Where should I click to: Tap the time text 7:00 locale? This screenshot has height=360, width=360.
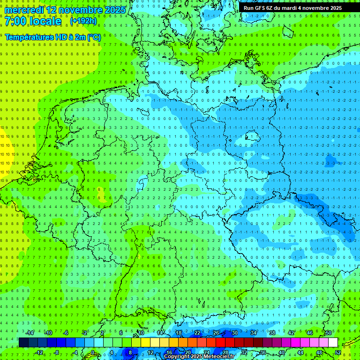pyautogui.click(x=33, y=22)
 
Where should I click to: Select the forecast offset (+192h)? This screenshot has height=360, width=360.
pyautogui.click(x=84, y=21)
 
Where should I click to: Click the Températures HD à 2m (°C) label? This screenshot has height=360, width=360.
pyautogui.click(x=52, y=37)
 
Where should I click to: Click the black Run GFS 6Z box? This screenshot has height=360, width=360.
pyautogui.click(x=292, y=8)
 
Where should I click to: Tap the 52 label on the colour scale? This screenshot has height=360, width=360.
pyautogui.click(x=338, y=352)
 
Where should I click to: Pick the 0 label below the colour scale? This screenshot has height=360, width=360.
pyautogui.click(x=93, y=352)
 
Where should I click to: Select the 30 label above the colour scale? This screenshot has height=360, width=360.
pyautogui.click(x=234, y=333)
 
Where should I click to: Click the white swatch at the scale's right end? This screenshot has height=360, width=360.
pyautogui.click(x=333, y=343)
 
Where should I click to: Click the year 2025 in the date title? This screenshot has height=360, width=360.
pyautogui.click(x=115, y=10)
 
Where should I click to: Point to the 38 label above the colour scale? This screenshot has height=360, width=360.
pyautogui.click(x=272, y=333)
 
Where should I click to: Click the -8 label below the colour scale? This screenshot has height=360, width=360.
pyautogui.click(x=57, y=352)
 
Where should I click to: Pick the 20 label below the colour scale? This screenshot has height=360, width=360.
pyautogui.click(x=187, y=352)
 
